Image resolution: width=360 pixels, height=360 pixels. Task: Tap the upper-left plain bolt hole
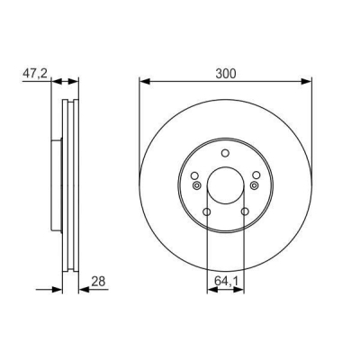point(193,175)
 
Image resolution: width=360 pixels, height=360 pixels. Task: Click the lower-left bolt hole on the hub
point(206,212)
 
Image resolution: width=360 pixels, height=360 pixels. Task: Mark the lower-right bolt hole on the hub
point(245,212)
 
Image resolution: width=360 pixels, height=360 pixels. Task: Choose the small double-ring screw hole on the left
point(193,185)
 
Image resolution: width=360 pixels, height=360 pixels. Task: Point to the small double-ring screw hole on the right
point(257,185)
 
